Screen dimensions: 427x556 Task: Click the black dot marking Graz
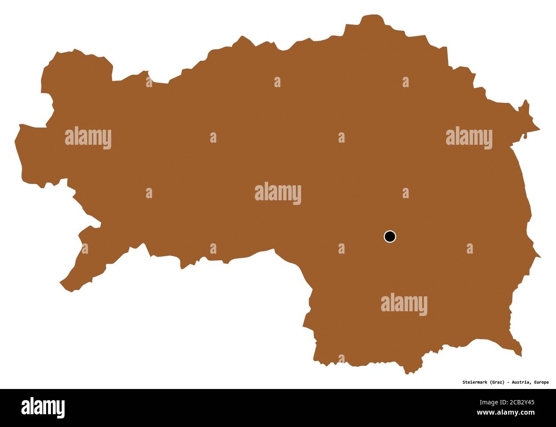[x=390, y=236]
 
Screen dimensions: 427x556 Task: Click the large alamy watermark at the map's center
[x=278, y=194]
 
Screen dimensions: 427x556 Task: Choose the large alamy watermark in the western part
[x=88, y=138]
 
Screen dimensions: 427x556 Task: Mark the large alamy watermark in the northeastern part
[x=469, y=138]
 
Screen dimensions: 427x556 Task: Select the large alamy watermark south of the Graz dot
[x=404, y=304]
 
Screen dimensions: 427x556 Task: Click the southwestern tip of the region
[x=61, y=283]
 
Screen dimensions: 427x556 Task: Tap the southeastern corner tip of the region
[x=521, y=355]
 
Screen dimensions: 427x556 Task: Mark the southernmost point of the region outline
[x=407, y=374]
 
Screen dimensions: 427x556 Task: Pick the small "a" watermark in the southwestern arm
[x=85, y=249]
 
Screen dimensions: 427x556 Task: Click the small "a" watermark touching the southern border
[x=341, y=359]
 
